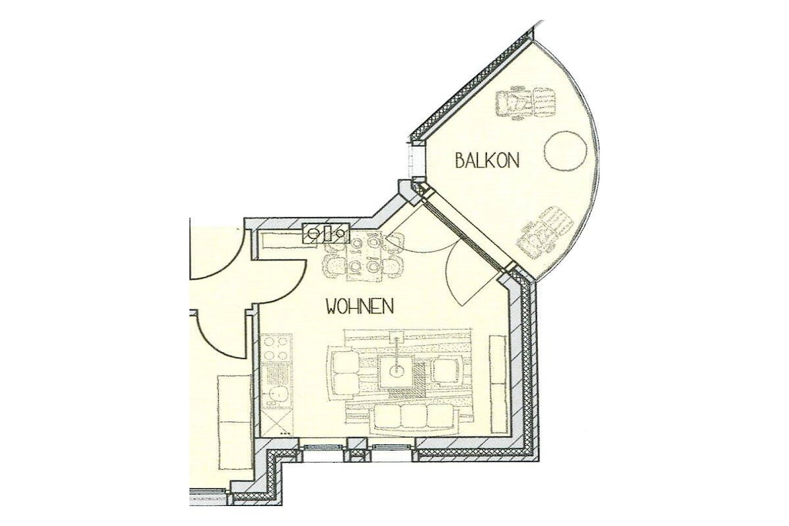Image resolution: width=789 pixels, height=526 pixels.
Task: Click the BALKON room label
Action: tap(487, 160)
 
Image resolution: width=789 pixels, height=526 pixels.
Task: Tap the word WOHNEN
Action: tap(360, 306)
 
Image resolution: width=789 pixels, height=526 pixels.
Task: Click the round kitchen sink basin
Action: tap(277, 394)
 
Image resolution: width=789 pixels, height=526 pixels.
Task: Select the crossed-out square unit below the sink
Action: tap(277, 421)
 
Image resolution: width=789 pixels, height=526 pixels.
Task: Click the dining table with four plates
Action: tap(364, 258)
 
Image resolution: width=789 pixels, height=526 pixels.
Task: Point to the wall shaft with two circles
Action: tap(327, 233)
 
